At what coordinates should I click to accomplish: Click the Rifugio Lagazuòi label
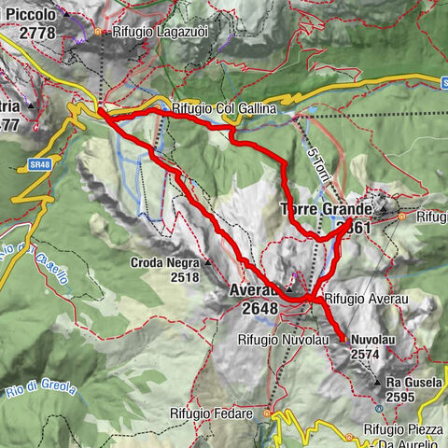click(x=153, y=31)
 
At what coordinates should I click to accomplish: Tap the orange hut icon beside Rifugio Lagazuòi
click(x=101, y=32)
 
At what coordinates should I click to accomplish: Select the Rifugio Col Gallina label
click(x=225, y=109)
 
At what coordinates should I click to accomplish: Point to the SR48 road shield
click(x=38, y=164)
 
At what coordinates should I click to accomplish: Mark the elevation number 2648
click(x=259, y=309)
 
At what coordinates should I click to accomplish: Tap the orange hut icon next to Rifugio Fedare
click(x=267, y=412)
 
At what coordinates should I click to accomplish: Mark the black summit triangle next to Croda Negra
click(x=207, y=263)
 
